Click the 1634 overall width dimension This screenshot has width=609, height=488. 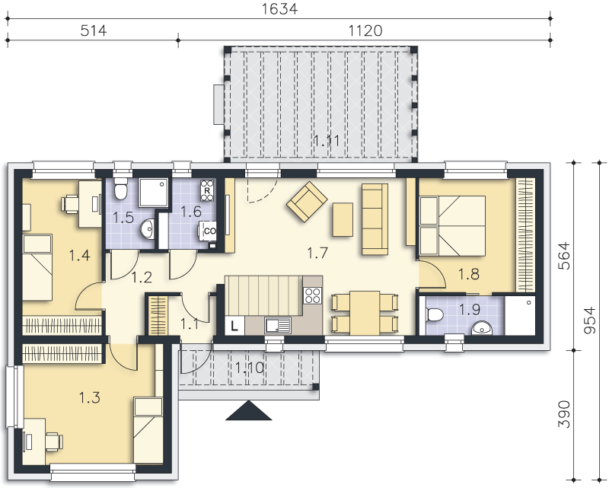click(x=279, y=8)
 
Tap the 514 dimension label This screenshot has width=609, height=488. click(x=93, y=30)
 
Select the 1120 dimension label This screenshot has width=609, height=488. click(x=365, y=30)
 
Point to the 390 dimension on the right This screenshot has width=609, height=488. click(x=564, y=414)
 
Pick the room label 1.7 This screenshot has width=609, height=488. click(x=317, y=254)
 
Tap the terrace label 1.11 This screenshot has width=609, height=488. click(x=327, y=140)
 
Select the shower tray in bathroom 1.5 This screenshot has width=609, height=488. click(x=154, y=193)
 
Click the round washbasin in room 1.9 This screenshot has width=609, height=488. click(x=482, y=328)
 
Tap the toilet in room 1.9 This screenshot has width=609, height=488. click(x=434, y=314)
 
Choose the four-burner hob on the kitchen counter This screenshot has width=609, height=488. click(x=313, y=295)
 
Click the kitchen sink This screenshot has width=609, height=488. click(x=278, y=325)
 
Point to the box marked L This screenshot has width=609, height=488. click(x=234, y=325)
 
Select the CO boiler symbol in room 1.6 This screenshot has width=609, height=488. click(x=209, y=231)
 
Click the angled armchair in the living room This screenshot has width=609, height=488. click(x=307, y=201)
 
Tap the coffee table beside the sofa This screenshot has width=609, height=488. click(x=343, y=219)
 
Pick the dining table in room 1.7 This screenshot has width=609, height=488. click(x=365, y=313)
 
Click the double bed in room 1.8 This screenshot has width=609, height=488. click(x=452, y=226)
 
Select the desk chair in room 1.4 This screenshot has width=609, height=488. click(x=69, y=204)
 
